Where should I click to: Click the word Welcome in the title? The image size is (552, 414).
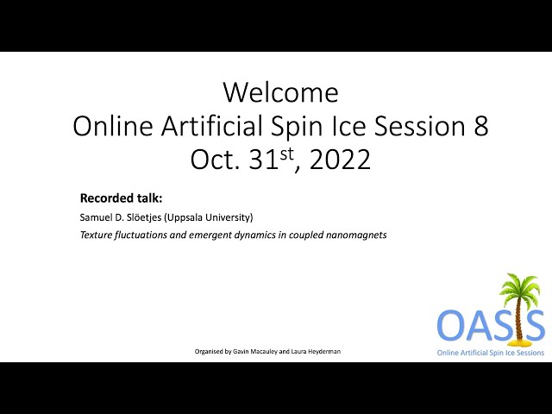(281, 92)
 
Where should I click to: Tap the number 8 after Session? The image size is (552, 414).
(481, 126)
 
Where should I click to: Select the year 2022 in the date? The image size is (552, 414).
(340, 160)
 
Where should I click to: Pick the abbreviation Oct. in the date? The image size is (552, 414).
(215, 160)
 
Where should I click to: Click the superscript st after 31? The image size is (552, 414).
(287, 154)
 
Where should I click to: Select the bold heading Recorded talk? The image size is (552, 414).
(121, 198)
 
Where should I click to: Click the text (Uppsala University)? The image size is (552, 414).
(209, 217)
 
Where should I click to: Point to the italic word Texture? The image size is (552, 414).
(96, 235)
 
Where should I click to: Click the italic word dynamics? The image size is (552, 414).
(254, 235)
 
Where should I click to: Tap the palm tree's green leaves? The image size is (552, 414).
(519, 287)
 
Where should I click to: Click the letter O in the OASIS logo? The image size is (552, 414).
(451, 324)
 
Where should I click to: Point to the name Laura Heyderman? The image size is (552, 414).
(316, 351)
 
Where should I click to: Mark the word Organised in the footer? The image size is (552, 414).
(209, 351)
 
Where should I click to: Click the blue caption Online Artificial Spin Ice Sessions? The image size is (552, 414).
(491, 353)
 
